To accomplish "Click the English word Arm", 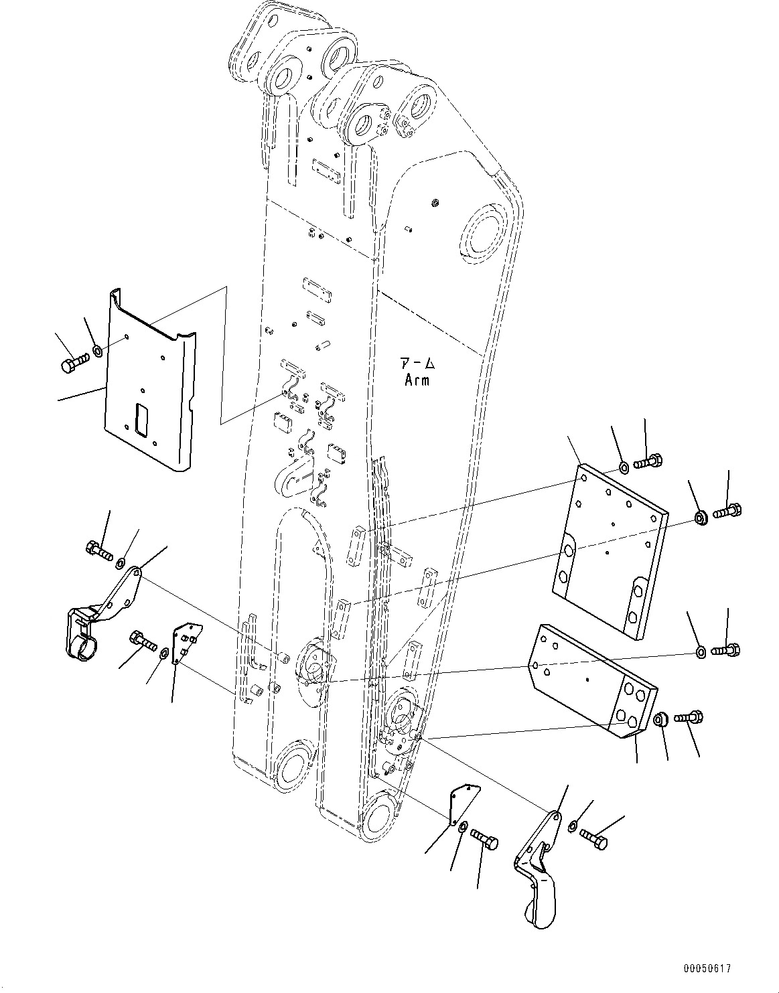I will (417, 380).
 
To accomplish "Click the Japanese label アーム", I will (417, 364).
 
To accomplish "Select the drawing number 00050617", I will (707, 969).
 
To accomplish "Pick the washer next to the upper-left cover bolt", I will (98, 350).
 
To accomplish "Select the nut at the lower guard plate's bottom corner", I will (660, 720).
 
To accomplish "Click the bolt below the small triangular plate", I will (484, 838).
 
